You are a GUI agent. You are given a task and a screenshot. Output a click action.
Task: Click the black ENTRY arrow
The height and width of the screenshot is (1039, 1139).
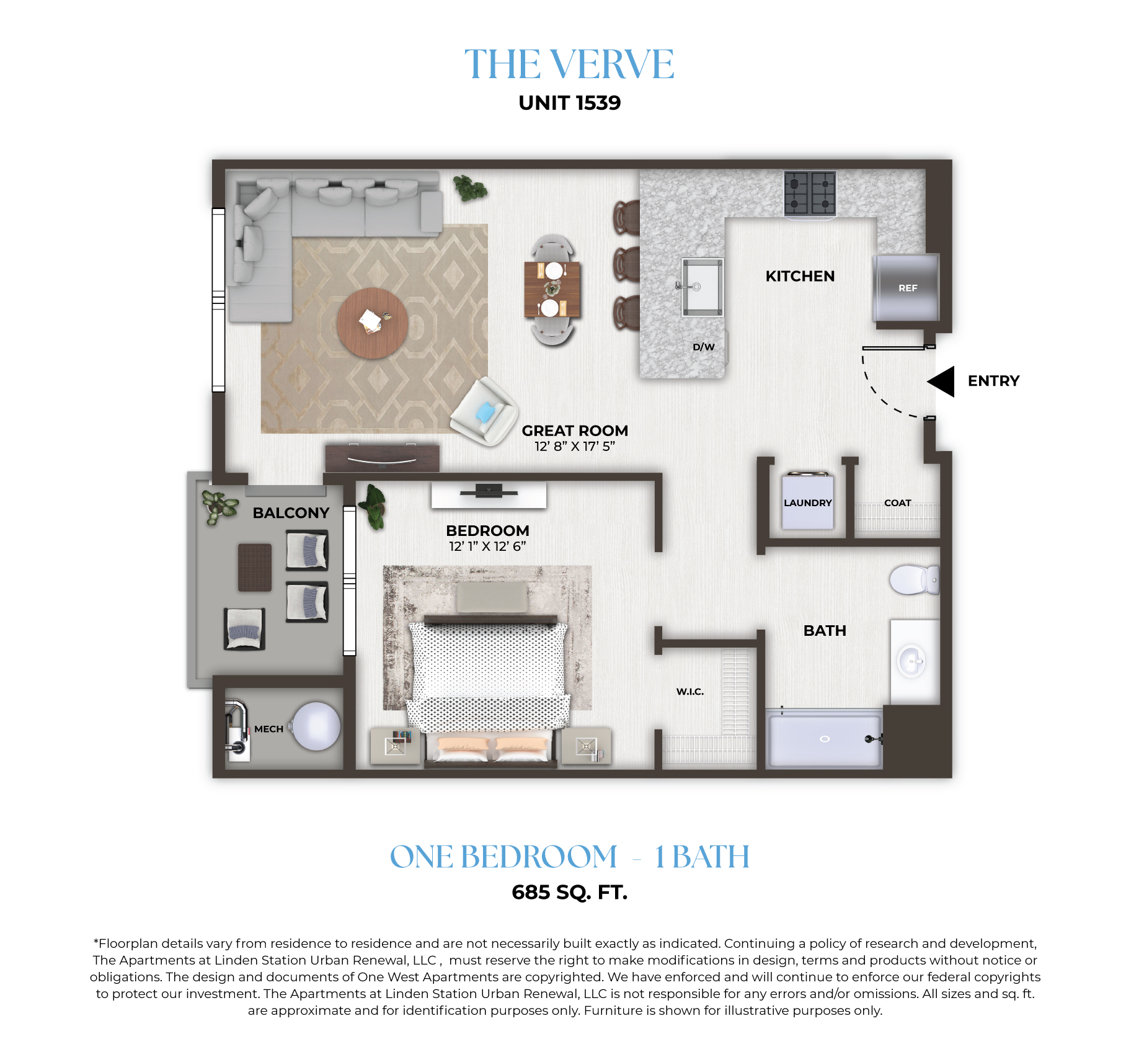[942, 381]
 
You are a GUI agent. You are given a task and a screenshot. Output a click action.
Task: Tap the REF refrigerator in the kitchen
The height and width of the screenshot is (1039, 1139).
[906, 287]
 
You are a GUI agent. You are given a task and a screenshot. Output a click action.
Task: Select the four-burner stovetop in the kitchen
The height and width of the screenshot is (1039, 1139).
[810, 193]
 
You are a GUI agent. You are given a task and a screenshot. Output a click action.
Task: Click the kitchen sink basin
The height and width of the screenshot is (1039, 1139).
[702, 287]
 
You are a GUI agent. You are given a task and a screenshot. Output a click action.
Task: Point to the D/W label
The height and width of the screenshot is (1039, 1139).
[704, 347]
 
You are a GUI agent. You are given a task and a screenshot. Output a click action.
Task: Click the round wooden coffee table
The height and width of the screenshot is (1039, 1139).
[373, 323]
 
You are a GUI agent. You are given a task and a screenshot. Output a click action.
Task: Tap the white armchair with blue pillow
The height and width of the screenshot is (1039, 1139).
[485, 411]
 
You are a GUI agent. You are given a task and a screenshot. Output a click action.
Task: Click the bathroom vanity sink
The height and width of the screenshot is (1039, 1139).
[912, 661]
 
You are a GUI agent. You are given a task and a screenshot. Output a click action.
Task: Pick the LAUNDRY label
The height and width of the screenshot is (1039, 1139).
[807, 503]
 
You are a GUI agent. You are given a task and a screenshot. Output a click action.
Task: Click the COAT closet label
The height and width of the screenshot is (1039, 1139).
[898, 503]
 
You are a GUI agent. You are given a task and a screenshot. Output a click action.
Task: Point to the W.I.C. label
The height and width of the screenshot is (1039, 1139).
[690, 692]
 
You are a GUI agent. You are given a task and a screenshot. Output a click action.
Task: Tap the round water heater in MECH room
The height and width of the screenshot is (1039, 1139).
[316, 726]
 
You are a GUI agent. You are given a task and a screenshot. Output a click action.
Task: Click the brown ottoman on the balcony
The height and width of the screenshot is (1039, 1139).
[255, 567]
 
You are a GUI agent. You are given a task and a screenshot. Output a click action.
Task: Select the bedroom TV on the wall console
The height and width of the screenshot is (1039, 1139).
[489, 491]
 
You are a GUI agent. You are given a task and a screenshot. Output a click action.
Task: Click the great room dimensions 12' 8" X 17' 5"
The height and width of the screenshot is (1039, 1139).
[575, 447]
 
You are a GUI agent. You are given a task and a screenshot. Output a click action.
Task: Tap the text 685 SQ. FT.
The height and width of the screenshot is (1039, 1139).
[570, 892]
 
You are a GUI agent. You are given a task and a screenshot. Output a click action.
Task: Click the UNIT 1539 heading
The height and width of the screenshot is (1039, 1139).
[570, 103]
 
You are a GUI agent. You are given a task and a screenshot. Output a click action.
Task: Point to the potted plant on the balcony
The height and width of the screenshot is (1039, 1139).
[219, 506]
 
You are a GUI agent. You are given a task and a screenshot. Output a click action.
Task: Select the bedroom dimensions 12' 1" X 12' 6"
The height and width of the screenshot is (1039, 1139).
[487, 546]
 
